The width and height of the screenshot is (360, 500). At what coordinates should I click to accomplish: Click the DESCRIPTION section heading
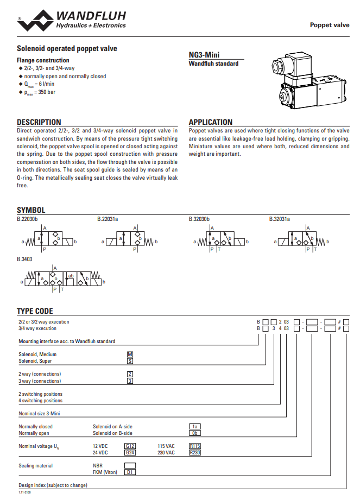pos(39,122)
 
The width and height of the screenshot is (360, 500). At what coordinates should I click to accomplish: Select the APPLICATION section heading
pos(210,122)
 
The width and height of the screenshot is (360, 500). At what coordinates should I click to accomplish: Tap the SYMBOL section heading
pos(31,210)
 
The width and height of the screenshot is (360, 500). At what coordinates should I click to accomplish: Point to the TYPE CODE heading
pos(35,311)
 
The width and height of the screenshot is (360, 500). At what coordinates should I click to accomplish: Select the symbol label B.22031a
pos(108,219)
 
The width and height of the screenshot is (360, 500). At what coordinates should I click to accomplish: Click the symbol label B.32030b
pos(199,219)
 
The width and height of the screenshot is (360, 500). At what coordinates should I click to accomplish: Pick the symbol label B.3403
pos(24,259)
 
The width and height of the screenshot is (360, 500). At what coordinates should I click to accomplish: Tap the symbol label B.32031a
pos(280,219)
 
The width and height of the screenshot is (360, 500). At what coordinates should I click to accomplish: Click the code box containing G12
pos(130,446)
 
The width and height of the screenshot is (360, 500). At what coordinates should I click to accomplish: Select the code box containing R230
pos(195,452)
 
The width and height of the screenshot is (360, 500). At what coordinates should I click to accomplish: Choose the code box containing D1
pos(130,472)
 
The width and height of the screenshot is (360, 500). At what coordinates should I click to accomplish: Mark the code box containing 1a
pos(195,427)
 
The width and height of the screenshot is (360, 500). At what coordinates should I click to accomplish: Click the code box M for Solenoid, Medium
pos(130,355)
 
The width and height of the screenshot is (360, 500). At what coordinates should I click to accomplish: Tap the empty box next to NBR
pos(130,466)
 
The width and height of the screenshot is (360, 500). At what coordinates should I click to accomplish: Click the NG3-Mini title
pos(204,55)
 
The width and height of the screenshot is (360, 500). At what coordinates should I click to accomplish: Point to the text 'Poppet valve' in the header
pos(330,25)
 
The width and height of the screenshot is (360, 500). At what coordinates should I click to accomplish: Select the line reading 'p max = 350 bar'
pos(39,92)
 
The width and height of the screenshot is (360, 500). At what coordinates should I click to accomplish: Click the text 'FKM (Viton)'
pos(105,472)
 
